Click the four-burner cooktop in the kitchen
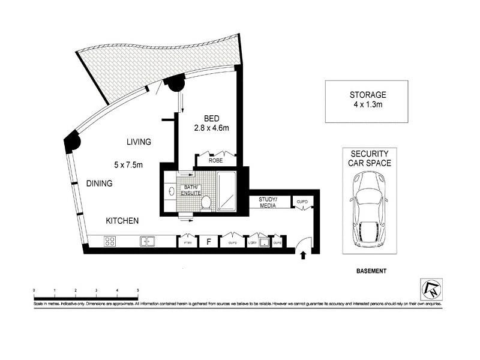[x=110, y=242]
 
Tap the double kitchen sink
[x=146, y=242]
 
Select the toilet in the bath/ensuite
[x=206, y=202]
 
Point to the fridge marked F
[x=208, y=242]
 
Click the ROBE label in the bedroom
[x=215, y=161]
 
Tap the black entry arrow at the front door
[x=303, y=255]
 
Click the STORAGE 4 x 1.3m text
[x=368, y=100]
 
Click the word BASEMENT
[x=368, y=271]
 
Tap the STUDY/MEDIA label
[x=267, y=202]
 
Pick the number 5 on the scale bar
[x=138, y=290]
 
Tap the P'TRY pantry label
[x=187, y=242]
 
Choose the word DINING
[x=99, y=184]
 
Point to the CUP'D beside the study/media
[x=301, y=202]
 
